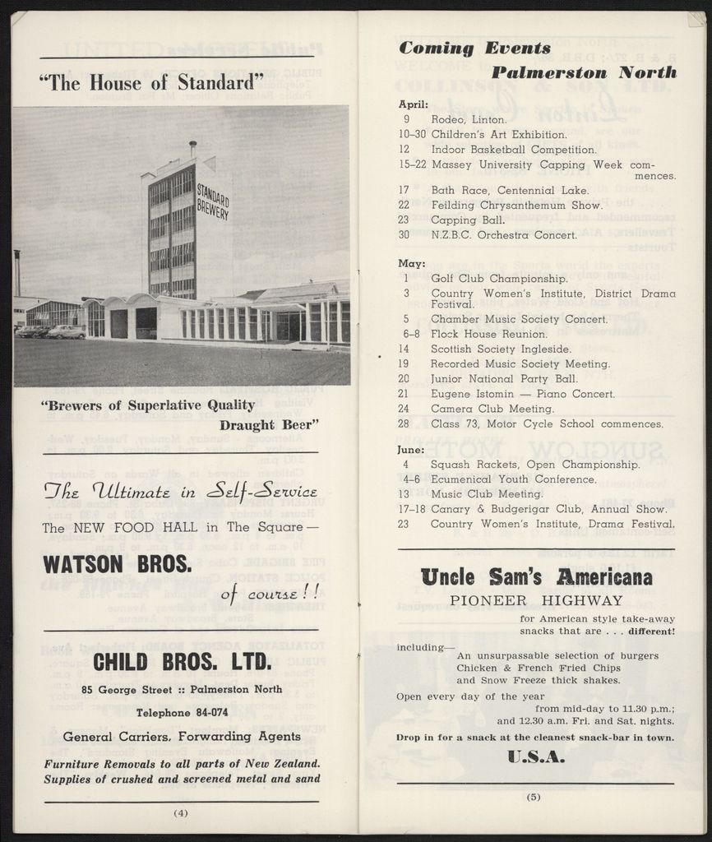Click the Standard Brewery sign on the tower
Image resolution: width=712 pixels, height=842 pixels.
coord(212,202)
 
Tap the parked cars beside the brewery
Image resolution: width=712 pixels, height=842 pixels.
coord(51,331)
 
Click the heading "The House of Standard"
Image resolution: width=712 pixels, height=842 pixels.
coord(151,82)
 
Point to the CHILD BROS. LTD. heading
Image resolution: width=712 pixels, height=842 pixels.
coord(181,661)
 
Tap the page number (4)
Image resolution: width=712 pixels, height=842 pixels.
coord(181,813)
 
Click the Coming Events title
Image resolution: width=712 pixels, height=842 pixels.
coord(474,49)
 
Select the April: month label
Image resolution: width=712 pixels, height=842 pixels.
coord(414,104)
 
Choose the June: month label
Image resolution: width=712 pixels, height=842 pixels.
coord(411,450)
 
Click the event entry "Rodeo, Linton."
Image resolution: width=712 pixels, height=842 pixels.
coord(469,119)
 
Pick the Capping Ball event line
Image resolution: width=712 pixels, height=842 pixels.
coord(465,220)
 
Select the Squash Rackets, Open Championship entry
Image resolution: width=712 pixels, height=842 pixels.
coord(534,465)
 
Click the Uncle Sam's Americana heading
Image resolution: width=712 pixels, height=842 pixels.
coord(536,577)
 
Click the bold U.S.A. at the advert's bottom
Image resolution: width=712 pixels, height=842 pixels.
coord(536,756)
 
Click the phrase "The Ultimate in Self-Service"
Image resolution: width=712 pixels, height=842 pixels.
coord(180,493)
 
